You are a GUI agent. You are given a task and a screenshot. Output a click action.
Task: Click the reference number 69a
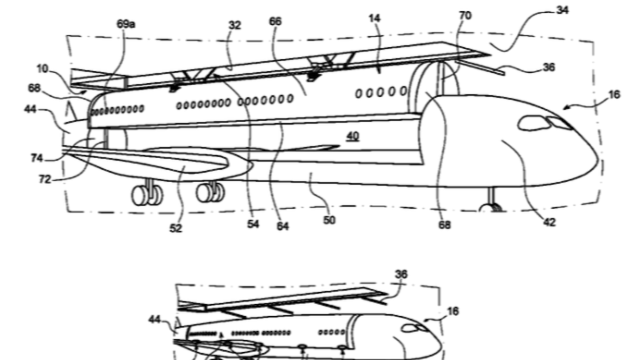[125, 24]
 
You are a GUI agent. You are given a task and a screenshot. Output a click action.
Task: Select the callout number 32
[235, 25]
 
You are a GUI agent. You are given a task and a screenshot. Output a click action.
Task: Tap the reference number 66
[275, 21]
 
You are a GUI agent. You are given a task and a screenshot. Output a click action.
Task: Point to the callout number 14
[374, 18]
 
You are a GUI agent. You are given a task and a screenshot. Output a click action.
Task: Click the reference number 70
[465, 15]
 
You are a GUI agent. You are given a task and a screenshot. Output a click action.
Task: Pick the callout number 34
[562, 9]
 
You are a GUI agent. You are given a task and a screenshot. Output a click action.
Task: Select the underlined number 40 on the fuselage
[353, 135]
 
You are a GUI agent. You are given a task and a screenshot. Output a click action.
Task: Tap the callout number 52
[175, 228]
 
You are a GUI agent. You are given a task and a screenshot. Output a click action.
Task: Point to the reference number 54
[253, 224]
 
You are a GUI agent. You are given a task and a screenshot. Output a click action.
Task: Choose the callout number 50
[329, 220]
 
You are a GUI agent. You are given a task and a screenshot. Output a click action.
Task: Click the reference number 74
[36, 158]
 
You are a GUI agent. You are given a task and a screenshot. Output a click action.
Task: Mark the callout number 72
[45, 178]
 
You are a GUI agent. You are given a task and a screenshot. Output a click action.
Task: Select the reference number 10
[42, 68]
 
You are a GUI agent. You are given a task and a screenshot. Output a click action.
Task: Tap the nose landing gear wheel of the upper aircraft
[492, 207]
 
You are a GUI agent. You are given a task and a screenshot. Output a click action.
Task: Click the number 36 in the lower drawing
[401, 274]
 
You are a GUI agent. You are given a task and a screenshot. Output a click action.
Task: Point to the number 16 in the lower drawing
[452, 311]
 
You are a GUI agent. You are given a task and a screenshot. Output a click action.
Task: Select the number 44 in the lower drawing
[155, 319]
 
